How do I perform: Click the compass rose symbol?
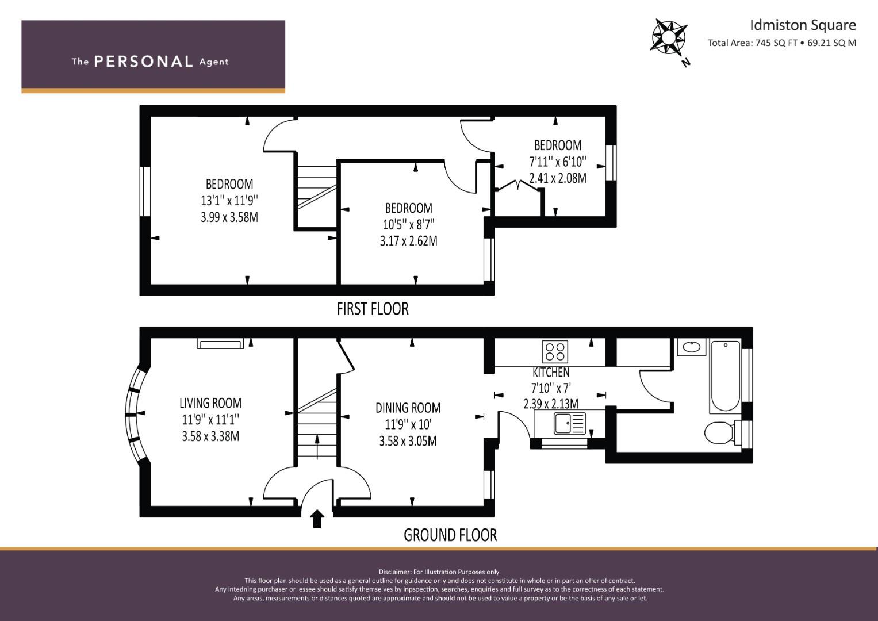(669, 37)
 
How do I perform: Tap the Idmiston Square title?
(803, 25)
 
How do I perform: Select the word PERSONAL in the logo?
(144, 62)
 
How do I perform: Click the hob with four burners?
(555, 352)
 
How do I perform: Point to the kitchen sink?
(570, 423)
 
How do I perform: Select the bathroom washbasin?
(692, 347)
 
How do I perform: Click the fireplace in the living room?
(220, 344)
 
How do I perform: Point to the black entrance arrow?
(317, 519)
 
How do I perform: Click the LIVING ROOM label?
(210, 404)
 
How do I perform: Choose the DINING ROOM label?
(408, 408)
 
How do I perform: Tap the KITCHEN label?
(551, 372)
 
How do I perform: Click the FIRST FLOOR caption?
(373, 309)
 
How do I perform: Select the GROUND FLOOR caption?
(450, 535)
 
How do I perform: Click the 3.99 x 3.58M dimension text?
(229, 217)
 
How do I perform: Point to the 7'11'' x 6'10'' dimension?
(558, 162)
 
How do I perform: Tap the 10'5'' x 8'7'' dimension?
(409, 225)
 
